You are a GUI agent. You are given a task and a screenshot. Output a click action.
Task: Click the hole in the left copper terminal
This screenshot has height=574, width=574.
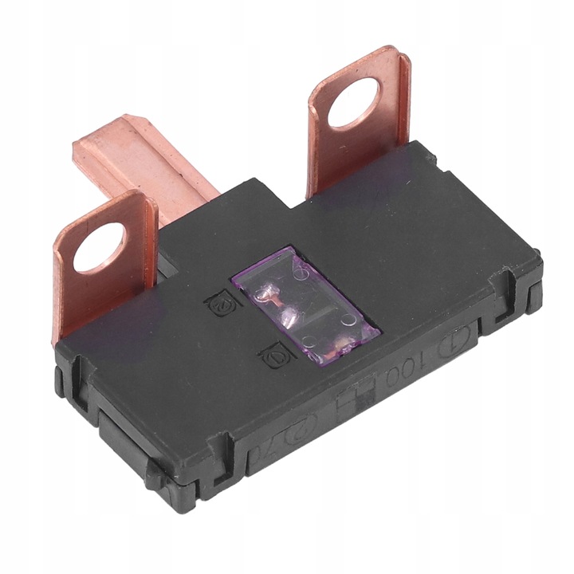point(100,247)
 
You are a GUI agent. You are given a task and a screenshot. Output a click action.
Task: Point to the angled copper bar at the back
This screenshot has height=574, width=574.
point(143,159)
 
